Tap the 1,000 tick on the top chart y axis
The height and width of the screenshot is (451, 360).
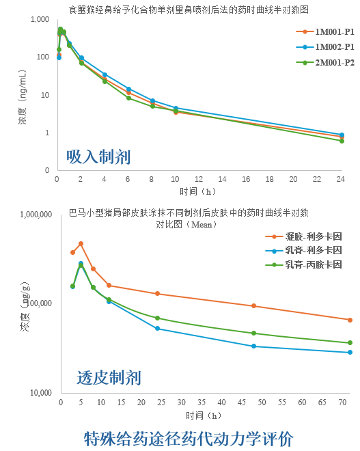point(40,19)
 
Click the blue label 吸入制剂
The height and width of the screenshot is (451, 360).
point(98,156)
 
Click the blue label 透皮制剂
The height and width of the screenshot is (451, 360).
point(109,377)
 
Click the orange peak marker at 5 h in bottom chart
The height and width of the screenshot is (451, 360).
point(81,243)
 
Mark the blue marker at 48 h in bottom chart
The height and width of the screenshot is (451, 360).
point(254,346)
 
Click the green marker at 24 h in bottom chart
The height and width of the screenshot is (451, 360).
point(158,318)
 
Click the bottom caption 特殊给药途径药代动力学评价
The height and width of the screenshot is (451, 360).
point(188,437)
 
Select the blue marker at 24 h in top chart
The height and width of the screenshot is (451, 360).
point(342,135)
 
